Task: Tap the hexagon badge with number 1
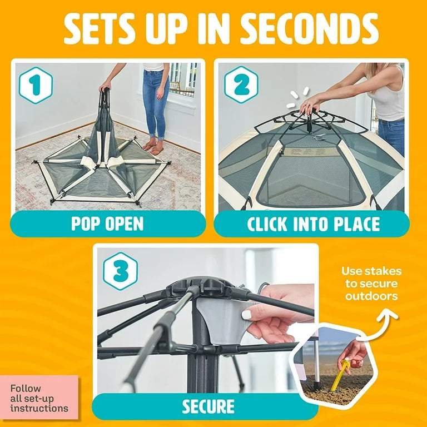coord(36,86)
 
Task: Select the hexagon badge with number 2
coord(241,85)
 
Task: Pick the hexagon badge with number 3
coord(120,270)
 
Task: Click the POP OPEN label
coord(107,224)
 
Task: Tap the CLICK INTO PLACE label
coord(313,224)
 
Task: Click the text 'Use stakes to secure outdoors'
coord(371,283)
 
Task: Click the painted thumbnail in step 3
coord(247,315)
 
